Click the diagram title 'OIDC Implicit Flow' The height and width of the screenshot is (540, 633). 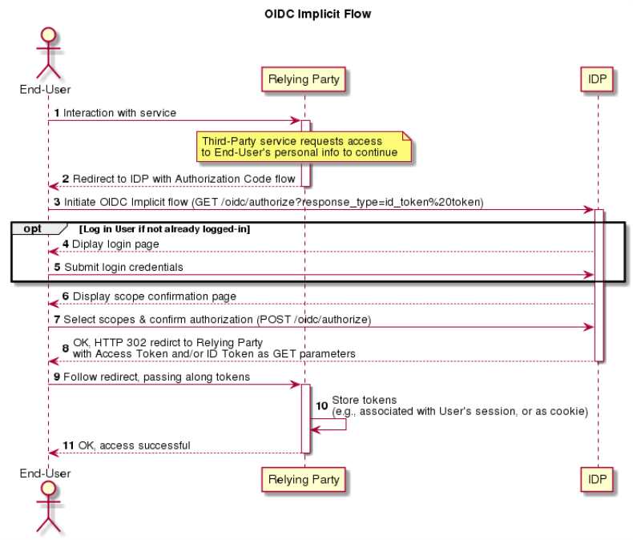318,14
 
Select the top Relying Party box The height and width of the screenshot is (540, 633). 304,79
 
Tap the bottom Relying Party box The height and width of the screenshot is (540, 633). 304,479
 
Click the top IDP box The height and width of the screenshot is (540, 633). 597,79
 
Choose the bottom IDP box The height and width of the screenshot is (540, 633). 597,479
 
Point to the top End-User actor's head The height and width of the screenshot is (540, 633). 48,34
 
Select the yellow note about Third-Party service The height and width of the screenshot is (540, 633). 304,147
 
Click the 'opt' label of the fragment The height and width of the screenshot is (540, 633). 32,228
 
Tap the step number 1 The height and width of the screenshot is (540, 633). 57,113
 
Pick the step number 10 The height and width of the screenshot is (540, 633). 322,405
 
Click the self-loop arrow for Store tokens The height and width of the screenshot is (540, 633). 345,424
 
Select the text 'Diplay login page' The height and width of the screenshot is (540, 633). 115,244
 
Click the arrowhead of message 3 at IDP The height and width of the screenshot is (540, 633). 590,210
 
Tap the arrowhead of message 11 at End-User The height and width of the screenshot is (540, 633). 54,453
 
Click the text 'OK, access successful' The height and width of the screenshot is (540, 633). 134,445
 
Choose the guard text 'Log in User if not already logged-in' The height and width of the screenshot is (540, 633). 165,229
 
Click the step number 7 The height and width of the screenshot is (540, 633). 57,320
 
